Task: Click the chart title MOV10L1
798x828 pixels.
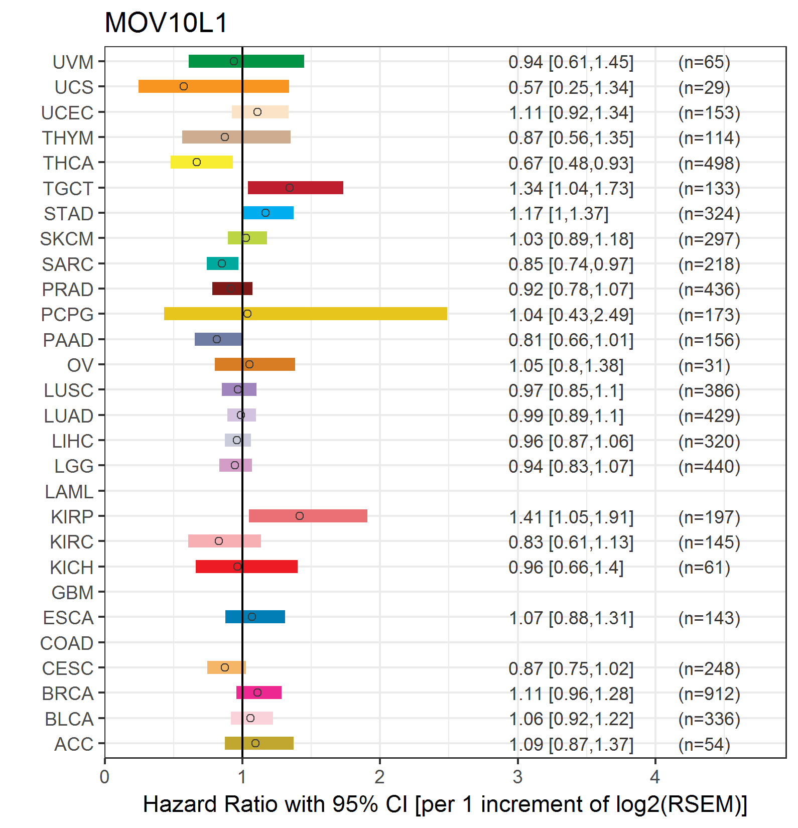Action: point(166,23)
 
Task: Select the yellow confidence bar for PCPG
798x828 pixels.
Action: point(306,314)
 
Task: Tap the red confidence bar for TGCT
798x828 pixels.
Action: point(296,188)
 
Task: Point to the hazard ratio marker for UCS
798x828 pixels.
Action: point(184,86)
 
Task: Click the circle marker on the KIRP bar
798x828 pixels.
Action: point(300,516)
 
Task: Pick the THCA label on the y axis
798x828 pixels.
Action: point(68,163)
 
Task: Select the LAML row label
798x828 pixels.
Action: point(69,492)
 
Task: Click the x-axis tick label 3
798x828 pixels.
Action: point(517,777)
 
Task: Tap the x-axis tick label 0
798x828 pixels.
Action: point(104,777)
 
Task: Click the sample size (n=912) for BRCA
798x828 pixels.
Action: point(709,694)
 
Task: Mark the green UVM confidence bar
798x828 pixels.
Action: point(246,61)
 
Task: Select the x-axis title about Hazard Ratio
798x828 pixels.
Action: point(445,804)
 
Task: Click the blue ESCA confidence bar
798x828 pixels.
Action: point(255,617)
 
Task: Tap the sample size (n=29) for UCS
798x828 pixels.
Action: point(704,87)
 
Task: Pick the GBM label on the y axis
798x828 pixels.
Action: point(73,593)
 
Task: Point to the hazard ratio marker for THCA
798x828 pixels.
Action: point(197,162)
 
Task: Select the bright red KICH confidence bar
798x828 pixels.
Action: point(246,567)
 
